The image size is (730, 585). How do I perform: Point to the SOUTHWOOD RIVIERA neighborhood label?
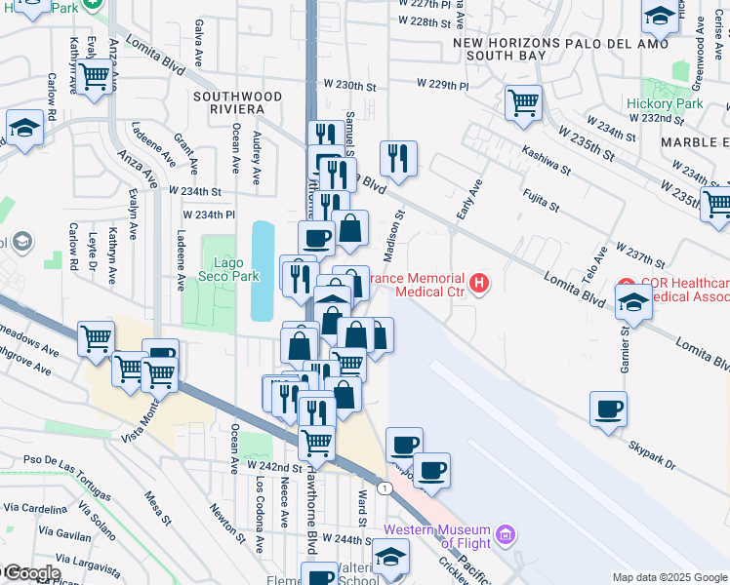237,103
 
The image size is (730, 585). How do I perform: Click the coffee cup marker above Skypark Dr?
608,409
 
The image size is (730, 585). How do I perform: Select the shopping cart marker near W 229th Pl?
524,101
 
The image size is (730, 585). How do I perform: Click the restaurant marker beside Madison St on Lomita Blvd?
398,156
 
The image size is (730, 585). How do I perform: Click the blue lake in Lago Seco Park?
263,270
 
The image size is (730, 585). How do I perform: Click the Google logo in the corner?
31,572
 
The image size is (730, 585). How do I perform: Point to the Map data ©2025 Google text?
669,577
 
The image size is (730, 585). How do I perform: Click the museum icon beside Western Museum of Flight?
505,535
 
